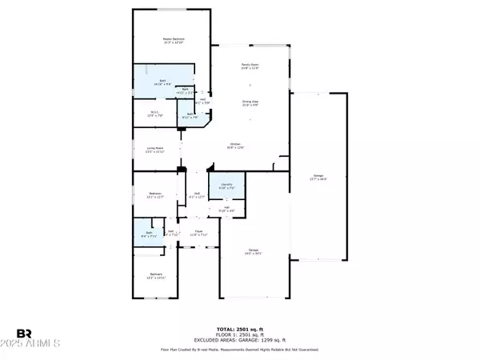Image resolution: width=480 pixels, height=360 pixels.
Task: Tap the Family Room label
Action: point(250,66)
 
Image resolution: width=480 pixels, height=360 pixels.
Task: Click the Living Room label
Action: point(154,150)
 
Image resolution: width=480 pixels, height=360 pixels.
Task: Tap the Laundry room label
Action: point(228,186)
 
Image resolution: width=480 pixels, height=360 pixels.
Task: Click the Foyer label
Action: point(198,233)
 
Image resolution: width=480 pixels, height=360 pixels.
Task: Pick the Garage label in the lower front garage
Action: point(253,252)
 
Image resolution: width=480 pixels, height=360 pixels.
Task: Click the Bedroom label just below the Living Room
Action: point(155,194)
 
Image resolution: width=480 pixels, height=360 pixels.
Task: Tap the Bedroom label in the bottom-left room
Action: point(155,275)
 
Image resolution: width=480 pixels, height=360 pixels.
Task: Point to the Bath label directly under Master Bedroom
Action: point(162,82)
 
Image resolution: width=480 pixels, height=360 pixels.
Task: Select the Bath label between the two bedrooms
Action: point(145,235)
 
